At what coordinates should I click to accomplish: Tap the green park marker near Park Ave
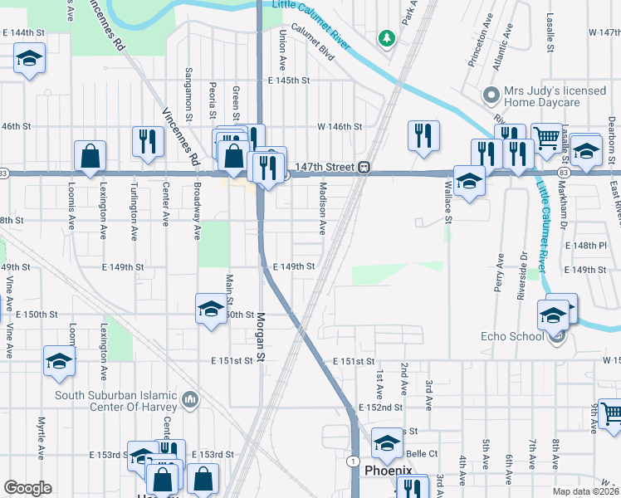[x=385, y=38]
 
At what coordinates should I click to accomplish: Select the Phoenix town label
[x=388, y=471]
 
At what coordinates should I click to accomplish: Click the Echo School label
[x=511, y=336]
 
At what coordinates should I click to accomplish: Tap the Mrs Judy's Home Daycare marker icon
[x=492, y=96]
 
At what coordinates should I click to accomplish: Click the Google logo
[x=27, y=488]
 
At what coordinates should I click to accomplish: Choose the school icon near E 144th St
[x=29, y=58]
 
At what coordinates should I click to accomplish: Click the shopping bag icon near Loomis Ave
[x=90, y=155]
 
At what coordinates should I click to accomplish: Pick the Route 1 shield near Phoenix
[x=354, y=461]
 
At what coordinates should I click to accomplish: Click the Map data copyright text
[x=584, y=491]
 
